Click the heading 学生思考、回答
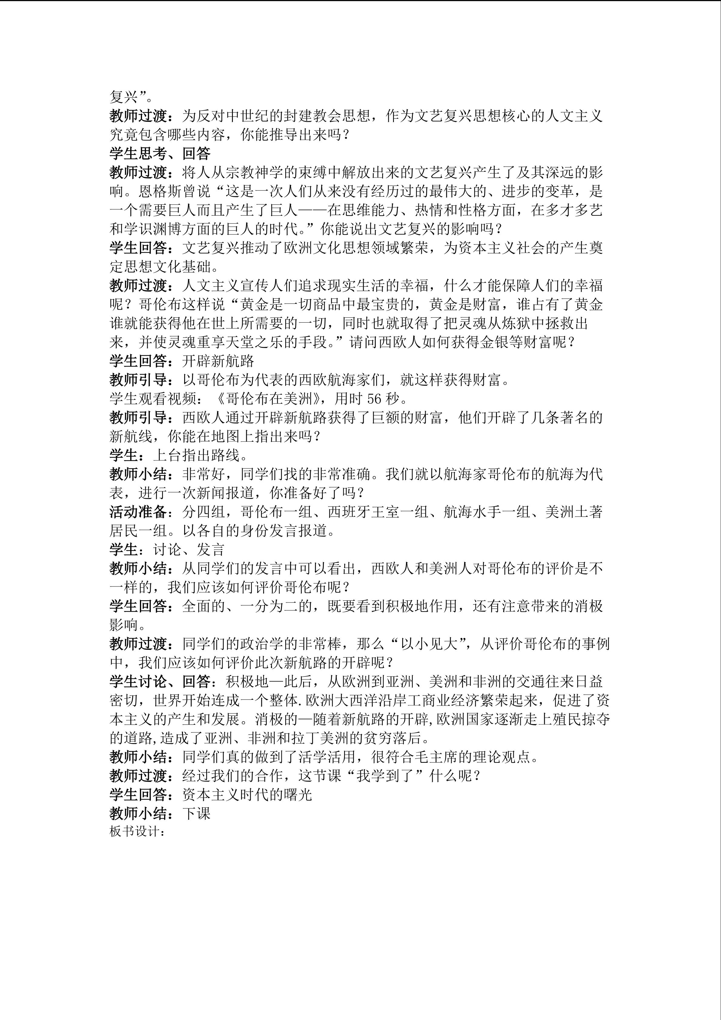160,154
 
